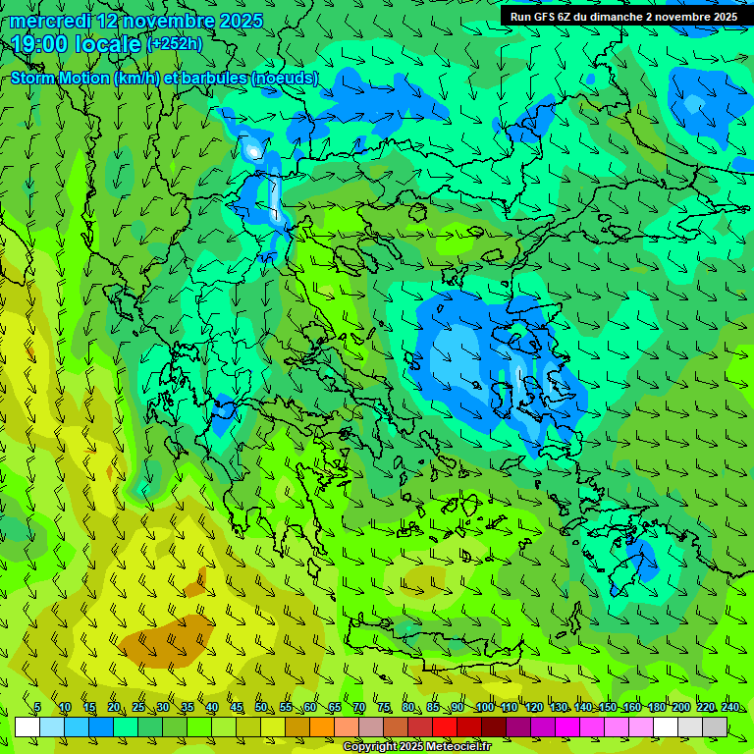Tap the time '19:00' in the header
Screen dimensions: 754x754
pyautogui.click(x=39, y=43)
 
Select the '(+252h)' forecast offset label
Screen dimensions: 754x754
pyautogui.click(x=175, y=43)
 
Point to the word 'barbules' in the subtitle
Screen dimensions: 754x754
pyautogui.click(x=215, y=78)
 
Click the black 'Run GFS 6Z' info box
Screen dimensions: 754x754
pyautogui.click(x=623, y=16)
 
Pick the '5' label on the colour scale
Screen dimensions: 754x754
pyautogui.click(x=37, y=707)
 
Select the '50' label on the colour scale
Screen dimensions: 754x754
pyautogui.click(x=260, y=707)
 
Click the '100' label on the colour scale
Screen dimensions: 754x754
pyautogui.click(x=484, y=707)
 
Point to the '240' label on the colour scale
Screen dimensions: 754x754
pyautogui.click(x=729, y=707)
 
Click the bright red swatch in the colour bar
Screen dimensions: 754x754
pyautogui.click(x=445, y=727)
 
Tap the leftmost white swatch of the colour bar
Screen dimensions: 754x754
pyautogui.click(x=27, y=727)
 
